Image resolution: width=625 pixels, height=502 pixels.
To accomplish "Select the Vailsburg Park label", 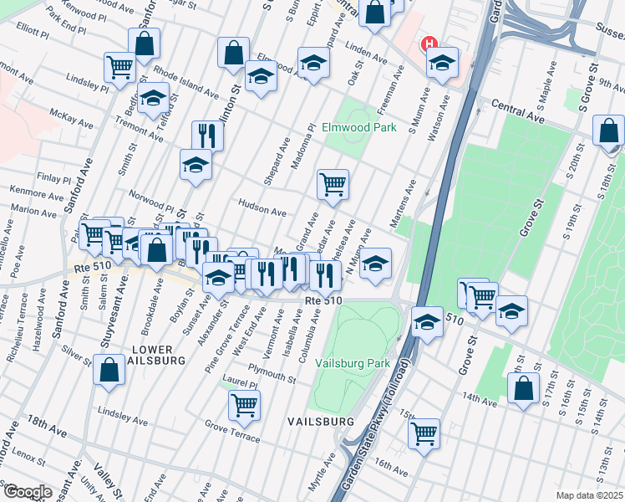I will [x=353, y=364].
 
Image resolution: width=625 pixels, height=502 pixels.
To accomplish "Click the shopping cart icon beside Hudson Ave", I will [x=333, y=184].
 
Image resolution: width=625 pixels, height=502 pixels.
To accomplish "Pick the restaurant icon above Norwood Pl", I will [x=207, y=136].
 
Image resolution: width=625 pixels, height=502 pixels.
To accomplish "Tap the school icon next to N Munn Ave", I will [x=376, y=264].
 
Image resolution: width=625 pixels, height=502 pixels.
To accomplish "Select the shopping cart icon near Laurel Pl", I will [x=245, y=406].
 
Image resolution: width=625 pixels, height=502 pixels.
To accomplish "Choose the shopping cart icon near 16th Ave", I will [x=424, y=433].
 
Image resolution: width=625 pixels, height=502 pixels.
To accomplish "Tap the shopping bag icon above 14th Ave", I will [x=523, y=389].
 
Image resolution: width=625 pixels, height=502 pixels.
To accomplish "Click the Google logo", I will [x=27, y=492].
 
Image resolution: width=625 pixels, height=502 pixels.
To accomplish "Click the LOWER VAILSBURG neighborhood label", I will [x=162, y=355].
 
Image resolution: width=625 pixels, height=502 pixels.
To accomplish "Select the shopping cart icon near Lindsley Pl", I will [x=120, y=67].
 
